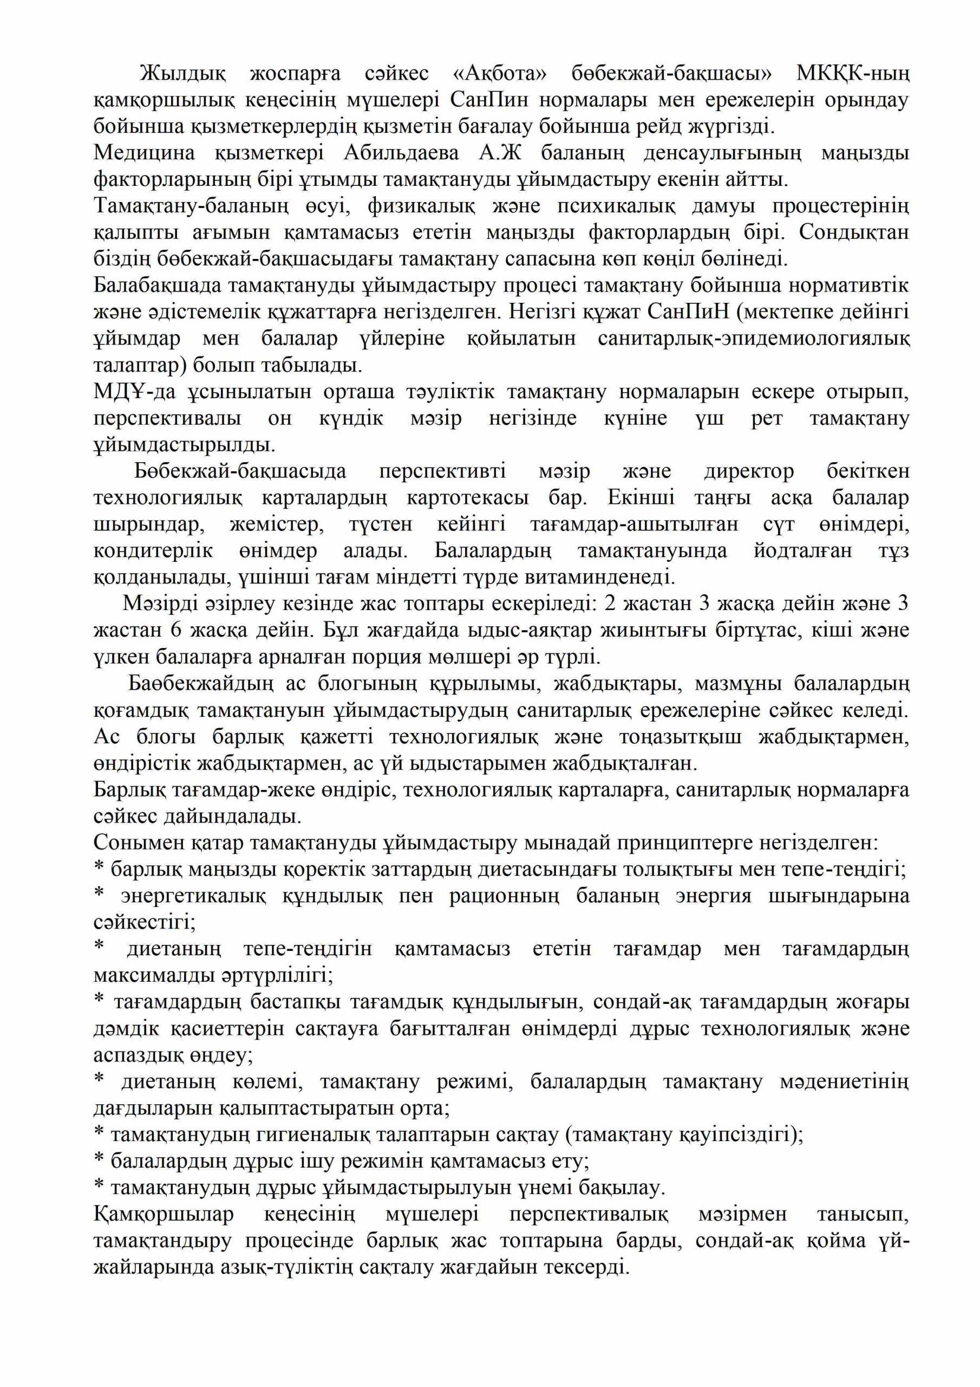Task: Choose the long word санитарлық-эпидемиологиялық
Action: point(754,338)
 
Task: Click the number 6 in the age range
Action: point(177,630)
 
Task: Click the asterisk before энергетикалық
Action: point(100,894)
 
